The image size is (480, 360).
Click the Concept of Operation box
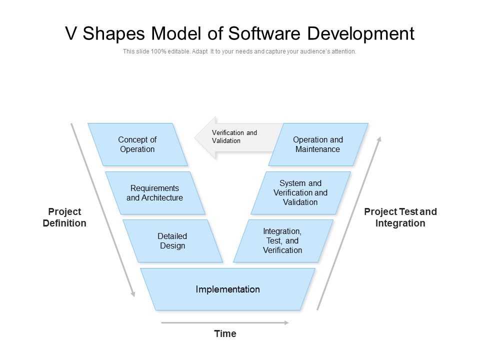tap(137, 144)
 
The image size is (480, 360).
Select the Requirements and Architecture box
tap(155, 193)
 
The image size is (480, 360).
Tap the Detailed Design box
tap(172, 241)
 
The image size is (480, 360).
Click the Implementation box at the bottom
tap(227, 289)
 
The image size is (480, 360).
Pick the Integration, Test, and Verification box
tap(283, 241)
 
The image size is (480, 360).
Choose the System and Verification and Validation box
tap(300, 193)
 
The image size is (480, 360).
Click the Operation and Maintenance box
tap(318, 144)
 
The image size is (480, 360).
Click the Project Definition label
tap(64, 217)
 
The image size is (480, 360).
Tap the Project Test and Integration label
tap(400, 217)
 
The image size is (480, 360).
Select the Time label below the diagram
tap(225, 333)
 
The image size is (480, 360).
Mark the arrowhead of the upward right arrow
tap(379, 138)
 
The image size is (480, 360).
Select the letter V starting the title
tap(72, 33)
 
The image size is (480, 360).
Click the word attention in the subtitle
tap(344, 51)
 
